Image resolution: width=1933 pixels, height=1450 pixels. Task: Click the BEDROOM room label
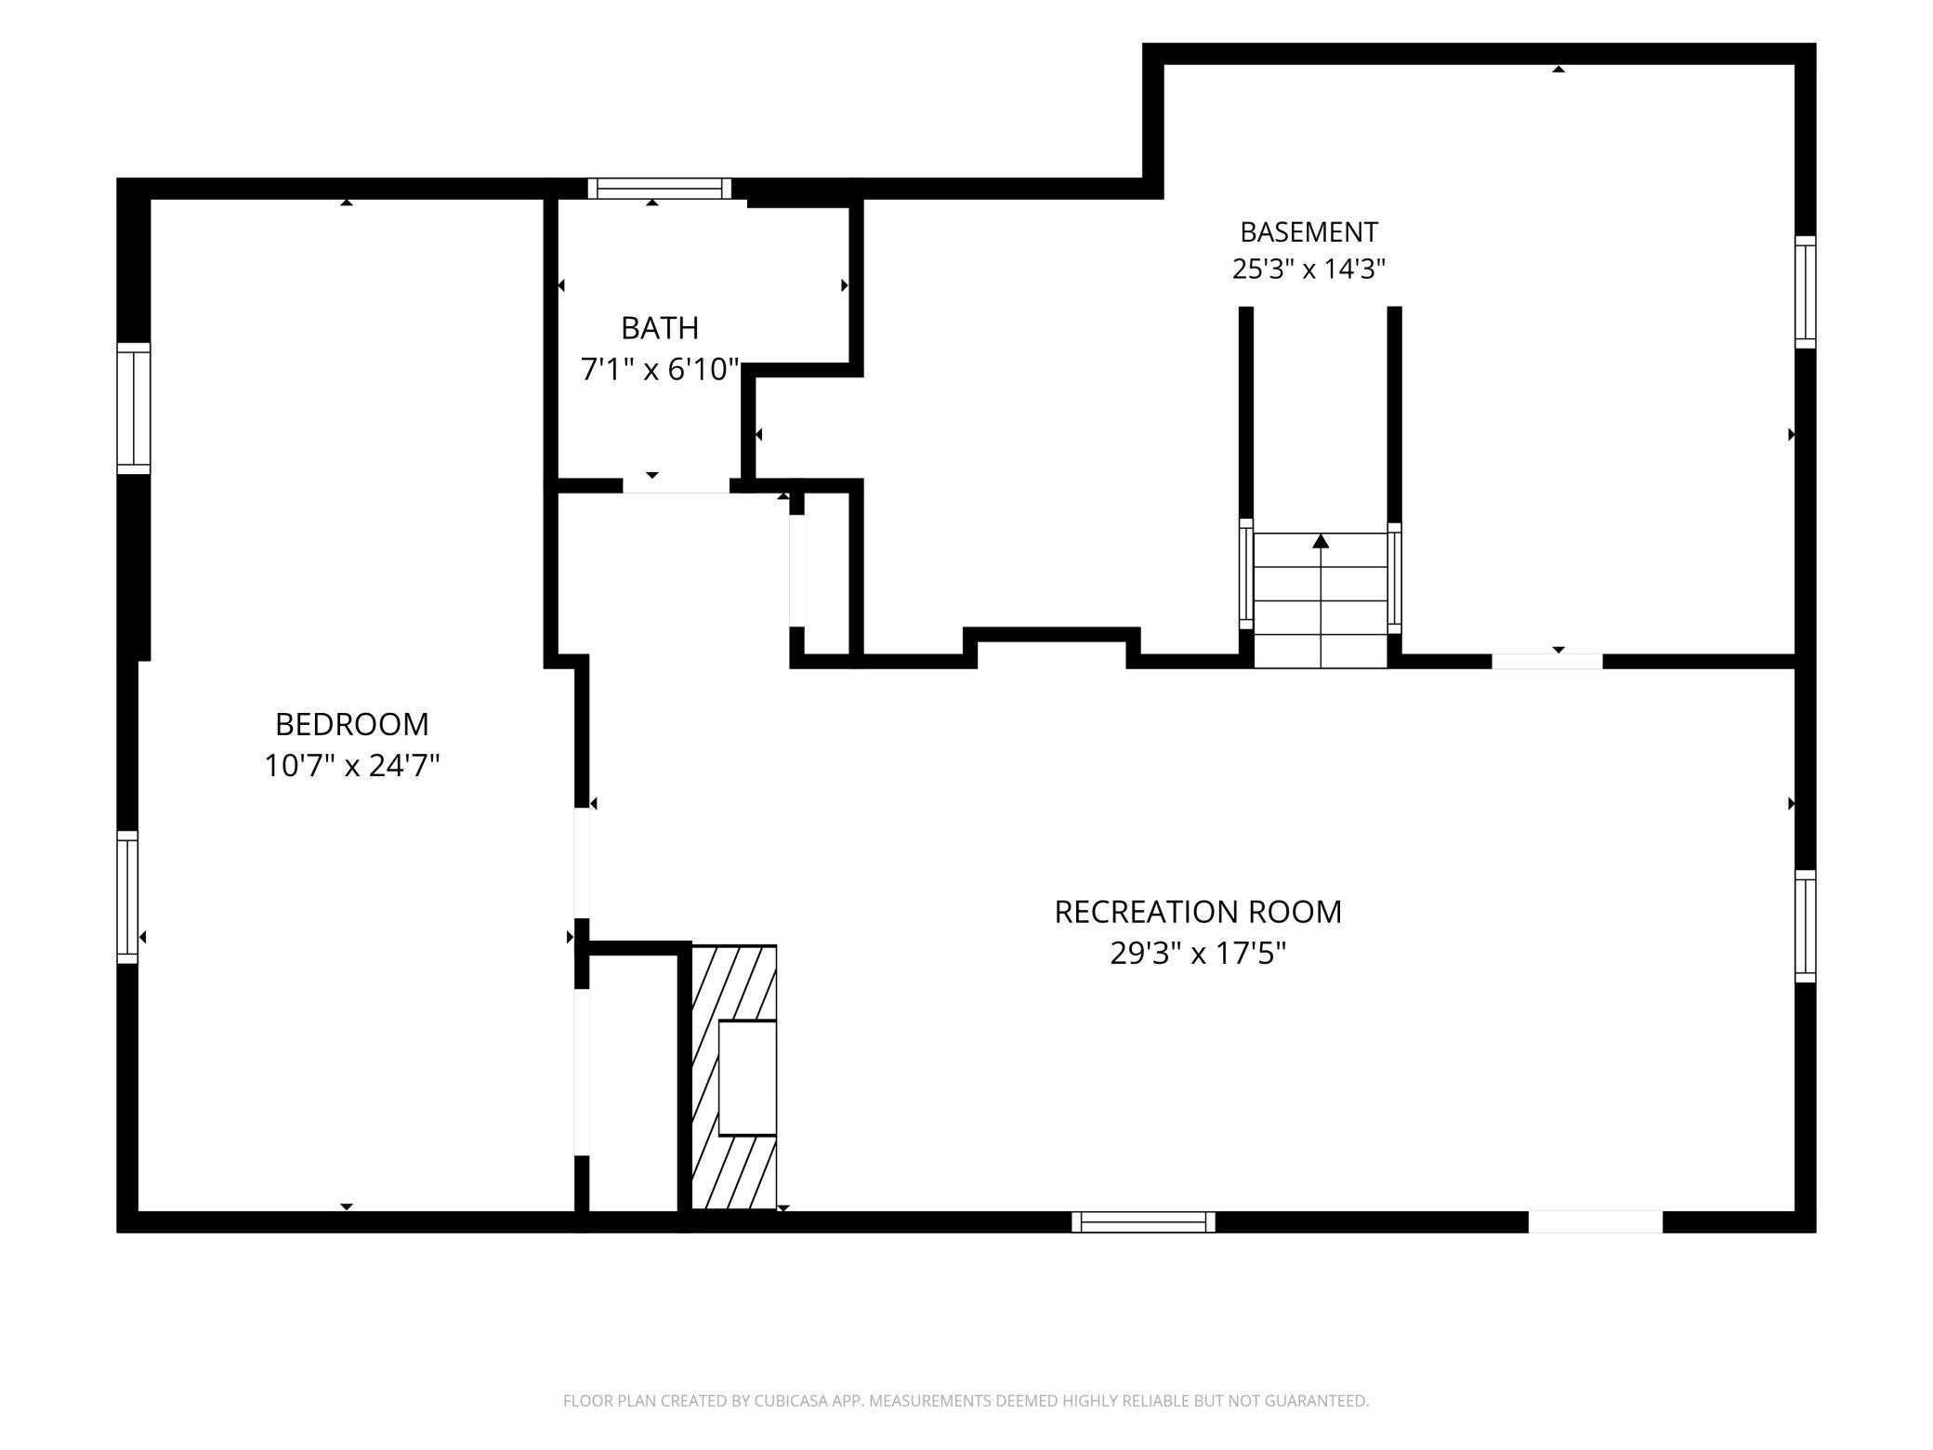[x=351, y=724]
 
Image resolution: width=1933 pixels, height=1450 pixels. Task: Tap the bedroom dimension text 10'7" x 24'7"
[x=351, y=766]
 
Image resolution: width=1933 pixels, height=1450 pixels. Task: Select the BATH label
[x=660, y=328]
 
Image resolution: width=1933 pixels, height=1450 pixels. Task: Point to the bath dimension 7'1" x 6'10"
[x=660, y=370]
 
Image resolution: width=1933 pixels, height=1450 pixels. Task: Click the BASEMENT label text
[x=1308, y=231]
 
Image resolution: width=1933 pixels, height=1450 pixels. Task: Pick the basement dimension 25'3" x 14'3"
[x=1308, y=270]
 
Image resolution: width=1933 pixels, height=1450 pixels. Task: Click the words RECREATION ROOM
[x=1198, y=912]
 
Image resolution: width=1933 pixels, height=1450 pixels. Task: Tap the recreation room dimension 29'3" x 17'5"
[x=1198, y=954]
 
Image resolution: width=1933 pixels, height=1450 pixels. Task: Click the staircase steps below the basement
[x=1321, y=600]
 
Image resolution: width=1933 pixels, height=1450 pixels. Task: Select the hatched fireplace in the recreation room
[x=734, y=1077]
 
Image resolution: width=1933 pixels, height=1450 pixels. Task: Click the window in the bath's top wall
[x=660, y=189]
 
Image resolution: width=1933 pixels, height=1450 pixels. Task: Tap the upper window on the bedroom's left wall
[x=134, y=409]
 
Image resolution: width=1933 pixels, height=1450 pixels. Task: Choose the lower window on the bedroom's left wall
[x=127, y=897]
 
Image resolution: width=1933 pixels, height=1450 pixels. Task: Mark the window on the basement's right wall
[x=1805, y=292]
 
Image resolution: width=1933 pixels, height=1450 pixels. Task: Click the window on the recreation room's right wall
[x=1805, y=926]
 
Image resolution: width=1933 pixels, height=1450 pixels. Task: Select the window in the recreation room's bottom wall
[x=1143, y=1222]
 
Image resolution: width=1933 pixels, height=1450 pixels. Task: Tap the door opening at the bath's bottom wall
[x=676, y=486]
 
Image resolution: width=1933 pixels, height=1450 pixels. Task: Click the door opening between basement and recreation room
[x=1547, y=662]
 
